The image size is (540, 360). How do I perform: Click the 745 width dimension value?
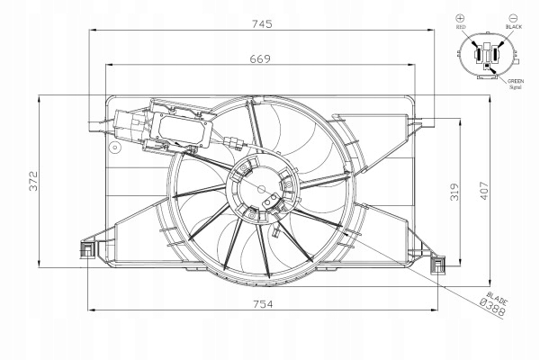[262, 23]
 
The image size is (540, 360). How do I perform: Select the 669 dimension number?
[260, 58]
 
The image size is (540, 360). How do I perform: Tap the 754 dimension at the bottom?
[263, 304]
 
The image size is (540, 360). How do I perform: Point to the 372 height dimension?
[34, 181]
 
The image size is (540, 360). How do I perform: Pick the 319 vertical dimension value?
[454, 192]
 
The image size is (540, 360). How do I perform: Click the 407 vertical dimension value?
[484, 191]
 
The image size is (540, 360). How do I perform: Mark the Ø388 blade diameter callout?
[493, 307]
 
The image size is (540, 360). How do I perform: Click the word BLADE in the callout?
[497, 298]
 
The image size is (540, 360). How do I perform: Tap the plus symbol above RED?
[460, 18]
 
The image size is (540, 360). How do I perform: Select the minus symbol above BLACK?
[513, 18]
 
